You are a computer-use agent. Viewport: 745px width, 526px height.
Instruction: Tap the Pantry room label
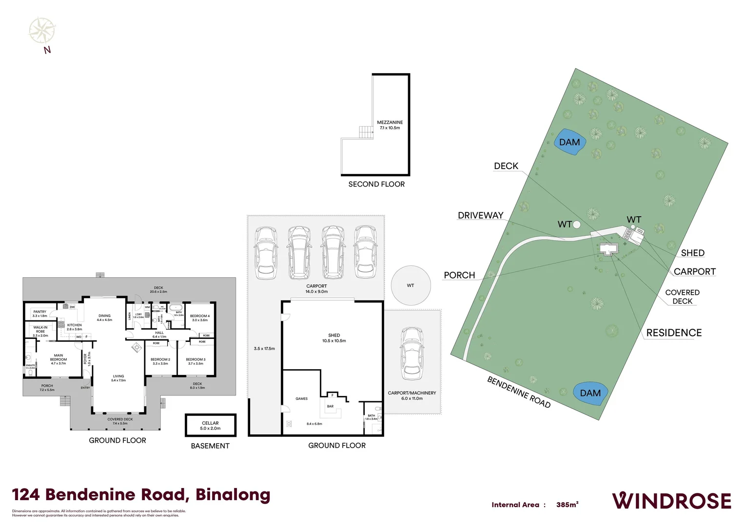click(40, 314)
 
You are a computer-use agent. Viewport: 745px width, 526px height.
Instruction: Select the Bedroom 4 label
click(200, 318)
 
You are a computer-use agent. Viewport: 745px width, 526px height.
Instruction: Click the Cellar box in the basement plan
click(210, 426)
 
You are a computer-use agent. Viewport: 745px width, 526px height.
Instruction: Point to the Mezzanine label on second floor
click(390, 125)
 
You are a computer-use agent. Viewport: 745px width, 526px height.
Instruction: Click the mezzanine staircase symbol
click(366, 132)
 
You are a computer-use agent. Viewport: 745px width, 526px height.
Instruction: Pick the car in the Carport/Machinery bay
click(412, 354)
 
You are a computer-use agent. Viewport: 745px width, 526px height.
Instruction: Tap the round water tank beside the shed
click(411, 285)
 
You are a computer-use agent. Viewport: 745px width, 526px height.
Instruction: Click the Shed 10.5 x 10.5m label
click(334, 338)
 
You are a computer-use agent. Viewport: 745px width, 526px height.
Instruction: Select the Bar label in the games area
click(330, 406)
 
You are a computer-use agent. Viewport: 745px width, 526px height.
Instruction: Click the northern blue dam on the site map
click(569, 142)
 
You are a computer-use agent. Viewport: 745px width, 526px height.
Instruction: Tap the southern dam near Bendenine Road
click(590, 393)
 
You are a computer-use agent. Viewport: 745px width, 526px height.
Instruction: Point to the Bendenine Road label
click(519, 392)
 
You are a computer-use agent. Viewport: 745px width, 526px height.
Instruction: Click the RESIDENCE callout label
click(674, 333)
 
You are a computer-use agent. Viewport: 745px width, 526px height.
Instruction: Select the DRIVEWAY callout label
click(480, 215)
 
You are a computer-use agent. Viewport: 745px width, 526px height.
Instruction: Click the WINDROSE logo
click(671, 501)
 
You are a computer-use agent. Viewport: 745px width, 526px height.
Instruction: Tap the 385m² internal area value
click(567, 505)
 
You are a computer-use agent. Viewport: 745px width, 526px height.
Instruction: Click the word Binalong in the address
click(233, 495)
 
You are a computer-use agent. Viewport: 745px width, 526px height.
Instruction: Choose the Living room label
click(118, 378)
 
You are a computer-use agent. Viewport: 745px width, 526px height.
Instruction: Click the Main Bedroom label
click(59, 359)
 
